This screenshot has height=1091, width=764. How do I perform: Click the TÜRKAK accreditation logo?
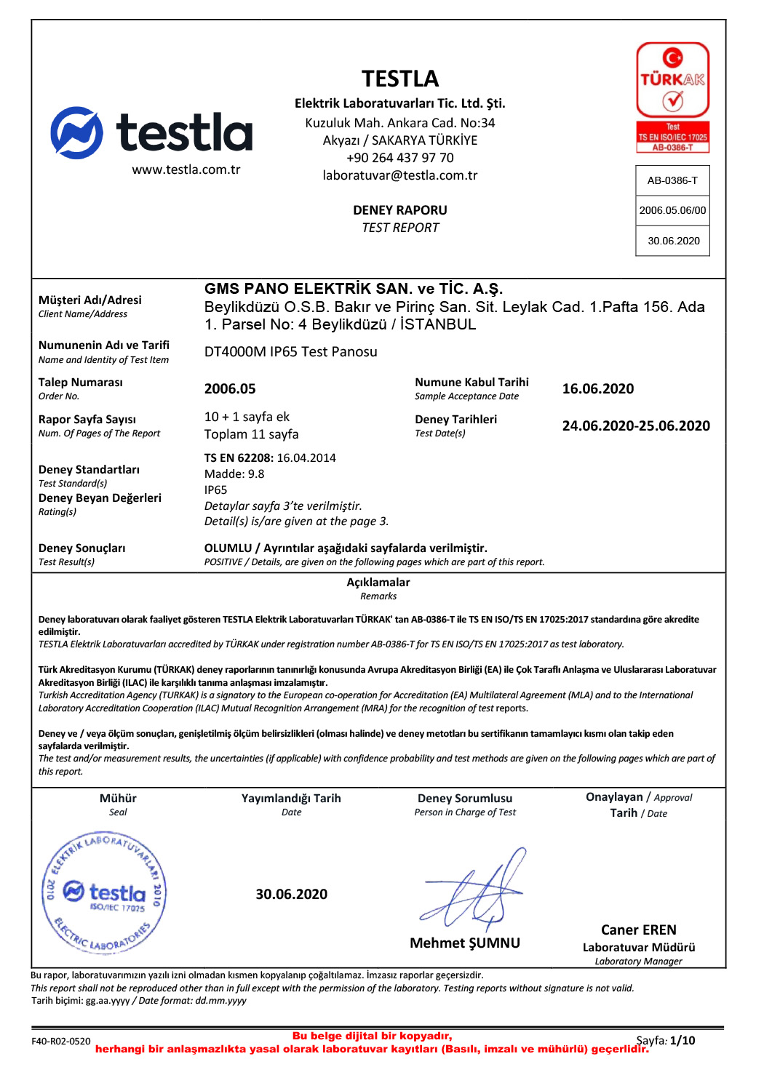[672, 97]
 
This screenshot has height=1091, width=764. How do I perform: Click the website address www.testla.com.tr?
[186, 169]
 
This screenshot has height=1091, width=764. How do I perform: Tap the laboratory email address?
[400, 175]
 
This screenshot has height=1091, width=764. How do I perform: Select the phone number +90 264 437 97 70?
[400, 158]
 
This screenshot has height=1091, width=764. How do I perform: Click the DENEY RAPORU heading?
[400, 210]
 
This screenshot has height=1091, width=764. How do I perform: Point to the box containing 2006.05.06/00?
[672, 210]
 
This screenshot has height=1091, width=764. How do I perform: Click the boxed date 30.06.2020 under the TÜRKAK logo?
[674, 241]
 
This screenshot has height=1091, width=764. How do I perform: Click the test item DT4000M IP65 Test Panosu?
[290, 352]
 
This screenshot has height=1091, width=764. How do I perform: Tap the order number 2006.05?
[230, 389]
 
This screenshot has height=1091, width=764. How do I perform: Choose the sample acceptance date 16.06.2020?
[597, 389]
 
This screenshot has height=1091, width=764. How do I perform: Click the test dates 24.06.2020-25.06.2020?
[636, 426]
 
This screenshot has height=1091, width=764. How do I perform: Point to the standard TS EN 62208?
[238, 458]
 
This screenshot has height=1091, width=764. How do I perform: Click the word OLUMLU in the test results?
[228, 548]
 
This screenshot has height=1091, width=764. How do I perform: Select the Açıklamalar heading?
[378, 583]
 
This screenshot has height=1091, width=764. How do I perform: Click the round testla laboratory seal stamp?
[105, 892]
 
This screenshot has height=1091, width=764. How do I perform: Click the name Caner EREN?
[638, 930]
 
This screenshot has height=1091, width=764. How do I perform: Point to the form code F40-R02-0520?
[61, 1042]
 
